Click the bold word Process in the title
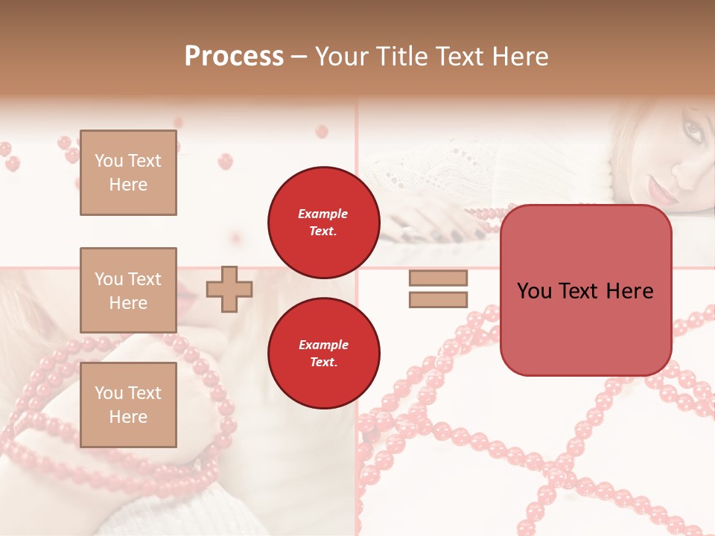(234, 57)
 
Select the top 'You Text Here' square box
(128, 173)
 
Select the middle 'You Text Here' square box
(128, 290)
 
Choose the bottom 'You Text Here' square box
(128, 405)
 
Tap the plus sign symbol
(229, 290)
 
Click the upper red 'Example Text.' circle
(323, 222)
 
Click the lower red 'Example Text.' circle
(323, 353)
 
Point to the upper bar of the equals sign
(438, 278)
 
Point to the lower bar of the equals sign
(438, 300)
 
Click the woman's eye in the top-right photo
(693, 133)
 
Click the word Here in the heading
(521, 57)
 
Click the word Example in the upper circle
(323, 214)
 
